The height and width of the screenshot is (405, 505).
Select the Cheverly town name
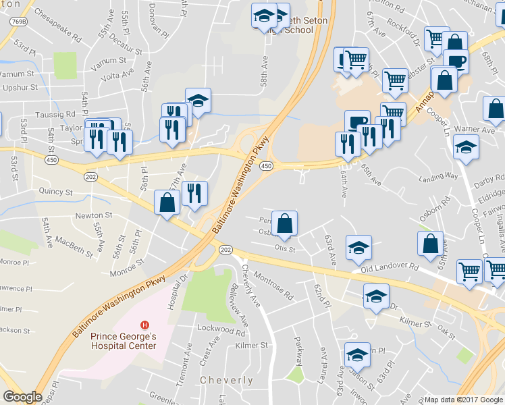(x=227, y=381)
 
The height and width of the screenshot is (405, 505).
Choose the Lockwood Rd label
(x=221, y=331)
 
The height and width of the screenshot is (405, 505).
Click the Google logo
(x=23, y=397)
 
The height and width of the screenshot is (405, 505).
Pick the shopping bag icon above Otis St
(x=285, y=223)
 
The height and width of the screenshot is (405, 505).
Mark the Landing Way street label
(x=438, y=177)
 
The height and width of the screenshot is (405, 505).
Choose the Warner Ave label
(x=475, y=128)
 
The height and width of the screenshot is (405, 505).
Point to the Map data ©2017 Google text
(x=464, y=400)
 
